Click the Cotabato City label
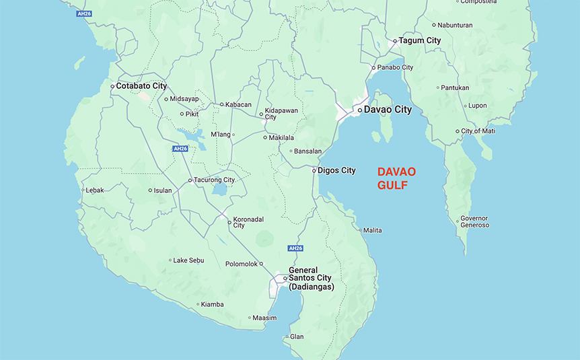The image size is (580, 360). (x=141, y=86)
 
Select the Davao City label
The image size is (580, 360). (x=388, y=109)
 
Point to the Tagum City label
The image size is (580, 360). (x=420, y=40)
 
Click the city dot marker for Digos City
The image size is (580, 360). (x=314, y=170)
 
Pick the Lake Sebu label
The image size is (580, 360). (x=188, y=260)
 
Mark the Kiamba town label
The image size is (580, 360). (x=212, y=304)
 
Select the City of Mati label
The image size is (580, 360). (x=478, y=131)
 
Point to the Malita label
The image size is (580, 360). (x=372, y=230)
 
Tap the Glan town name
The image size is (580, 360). (x=297, y=336)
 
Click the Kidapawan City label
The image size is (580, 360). (x=281, y=113)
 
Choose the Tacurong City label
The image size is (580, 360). (x=215, y=180)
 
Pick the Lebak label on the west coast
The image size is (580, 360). (x=95, y=190)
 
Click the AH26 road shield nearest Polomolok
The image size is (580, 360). (x=295, y=248)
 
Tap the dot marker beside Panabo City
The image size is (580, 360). (x=373, y=67)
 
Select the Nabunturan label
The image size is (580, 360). (x=455, y=25)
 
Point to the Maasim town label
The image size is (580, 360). (x=264, y=318)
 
